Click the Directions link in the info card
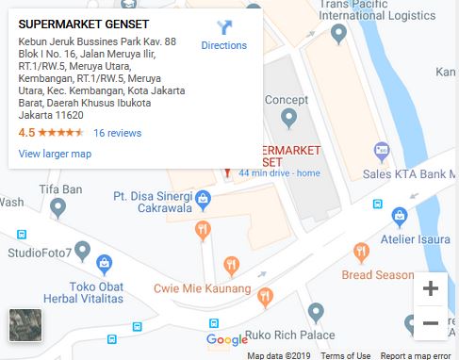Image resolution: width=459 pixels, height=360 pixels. tap(223, 45)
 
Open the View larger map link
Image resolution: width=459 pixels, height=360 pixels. tap(55, 154)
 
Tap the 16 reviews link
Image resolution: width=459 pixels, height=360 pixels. tap(117, 133)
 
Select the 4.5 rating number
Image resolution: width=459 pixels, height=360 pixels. tap(26, 133)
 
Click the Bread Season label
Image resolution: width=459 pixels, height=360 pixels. tap(377, 275)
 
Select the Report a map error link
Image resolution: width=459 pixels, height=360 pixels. tap(416, 355)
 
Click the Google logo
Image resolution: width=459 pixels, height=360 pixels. tap(227, 340)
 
